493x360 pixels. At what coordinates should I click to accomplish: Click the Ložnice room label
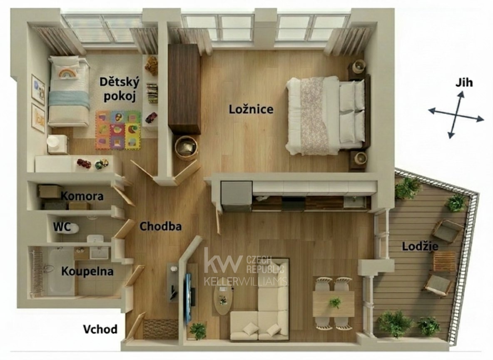coord(251,109)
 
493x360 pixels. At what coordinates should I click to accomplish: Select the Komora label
coord(82,196)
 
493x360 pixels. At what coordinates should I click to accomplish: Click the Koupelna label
coord(87,271)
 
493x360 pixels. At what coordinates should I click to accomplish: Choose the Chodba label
coord(160,226)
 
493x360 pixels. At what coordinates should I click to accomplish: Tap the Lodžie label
coord(420,246)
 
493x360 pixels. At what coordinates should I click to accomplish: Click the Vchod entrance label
coord(100,329)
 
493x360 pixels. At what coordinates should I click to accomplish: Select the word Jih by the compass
coord(464,83)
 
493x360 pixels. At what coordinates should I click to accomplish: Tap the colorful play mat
coord(118,130)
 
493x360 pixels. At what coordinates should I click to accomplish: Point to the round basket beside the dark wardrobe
coord(186,148)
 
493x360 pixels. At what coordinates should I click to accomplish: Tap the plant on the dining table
coord(335,303)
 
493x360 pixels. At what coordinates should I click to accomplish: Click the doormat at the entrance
coord(160,329)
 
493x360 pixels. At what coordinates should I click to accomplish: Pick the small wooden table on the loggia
coord(444,262)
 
